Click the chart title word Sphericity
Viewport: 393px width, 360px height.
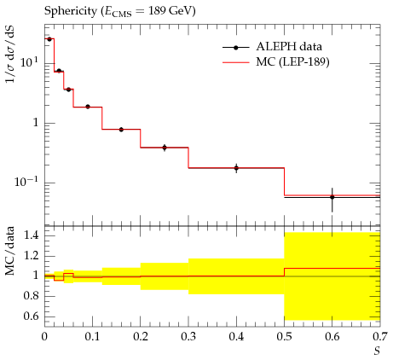[71, 11]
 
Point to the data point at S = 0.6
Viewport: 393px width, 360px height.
[332, 197]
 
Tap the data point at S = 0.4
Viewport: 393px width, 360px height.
[236, 168]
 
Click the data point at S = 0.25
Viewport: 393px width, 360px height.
[165, 148]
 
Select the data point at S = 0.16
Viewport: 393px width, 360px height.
[121, 130]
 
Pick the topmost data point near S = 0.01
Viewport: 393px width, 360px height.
[49, 39]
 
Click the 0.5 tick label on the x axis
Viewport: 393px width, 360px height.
[284, 337]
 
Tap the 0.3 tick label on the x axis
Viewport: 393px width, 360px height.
[188, 337]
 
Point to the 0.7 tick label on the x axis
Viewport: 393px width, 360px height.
[380, 337]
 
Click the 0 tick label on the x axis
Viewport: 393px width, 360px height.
[44, 337]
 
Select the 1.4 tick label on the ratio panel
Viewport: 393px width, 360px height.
[32, 235]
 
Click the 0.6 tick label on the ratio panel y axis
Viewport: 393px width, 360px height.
[32, 316]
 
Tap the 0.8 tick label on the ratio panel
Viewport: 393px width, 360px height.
[32, 296]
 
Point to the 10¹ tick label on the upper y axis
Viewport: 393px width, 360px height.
[29, 62]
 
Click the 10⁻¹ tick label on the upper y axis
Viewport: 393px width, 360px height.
[26, 181]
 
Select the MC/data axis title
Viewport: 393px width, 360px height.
[9, 251]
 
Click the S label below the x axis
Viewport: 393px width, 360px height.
[377, 351]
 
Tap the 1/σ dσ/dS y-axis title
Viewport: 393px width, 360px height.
[10, 54]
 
